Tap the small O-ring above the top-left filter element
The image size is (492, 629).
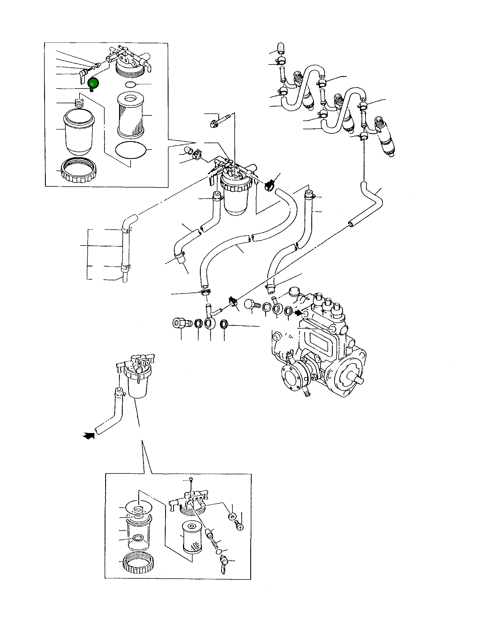click(x=131, y=84)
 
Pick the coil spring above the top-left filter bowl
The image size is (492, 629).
click(x=79, y=103)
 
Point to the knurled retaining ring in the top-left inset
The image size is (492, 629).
click(x=79, y=170)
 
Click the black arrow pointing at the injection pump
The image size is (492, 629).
click(x=298, y=313)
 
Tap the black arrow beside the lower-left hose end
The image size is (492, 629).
click(x=89, y=436)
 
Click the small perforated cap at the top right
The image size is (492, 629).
click(x=280, y=48)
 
